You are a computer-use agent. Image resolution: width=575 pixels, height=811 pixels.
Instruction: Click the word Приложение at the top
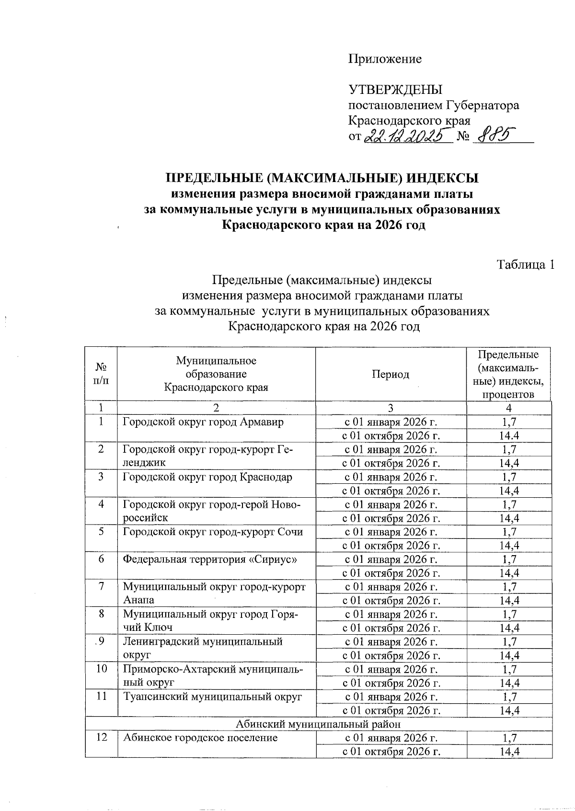pos(385,59)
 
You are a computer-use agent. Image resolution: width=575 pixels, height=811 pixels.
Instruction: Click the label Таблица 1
pos(526,264)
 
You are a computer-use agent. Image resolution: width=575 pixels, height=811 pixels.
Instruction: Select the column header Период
pos(391,374)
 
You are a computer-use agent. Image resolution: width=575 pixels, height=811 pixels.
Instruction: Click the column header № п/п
pos(101,374)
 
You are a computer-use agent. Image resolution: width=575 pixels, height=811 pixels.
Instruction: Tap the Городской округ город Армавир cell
pos(203,422)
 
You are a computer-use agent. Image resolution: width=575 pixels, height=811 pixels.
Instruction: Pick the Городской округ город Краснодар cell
pos(207,477)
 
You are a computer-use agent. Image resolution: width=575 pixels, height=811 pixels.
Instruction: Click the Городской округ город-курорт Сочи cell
pos(213,532)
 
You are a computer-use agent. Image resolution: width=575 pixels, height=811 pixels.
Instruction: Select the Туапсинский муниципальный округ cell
pos(213,697)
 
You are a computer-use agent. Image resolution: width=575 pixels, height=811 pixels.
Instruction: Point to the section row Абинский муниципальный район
pos(319,724)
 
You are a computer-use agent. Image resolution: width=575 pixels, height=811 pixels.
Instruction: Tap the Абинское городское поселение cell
pos(200,738)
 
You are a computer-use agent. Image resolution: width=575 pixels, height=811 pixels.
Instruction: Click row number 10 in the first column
pos(101,669)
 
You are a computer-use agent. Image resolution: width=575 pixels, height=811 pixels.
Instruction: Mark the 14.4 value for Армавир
pos(509,436)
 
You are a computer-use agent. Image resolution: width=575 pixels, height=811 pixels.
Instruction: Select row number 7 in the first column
pos(101,587)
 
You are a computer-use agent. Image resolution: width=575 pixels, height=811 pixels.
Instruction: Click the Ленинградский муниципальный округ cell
pos(203,648)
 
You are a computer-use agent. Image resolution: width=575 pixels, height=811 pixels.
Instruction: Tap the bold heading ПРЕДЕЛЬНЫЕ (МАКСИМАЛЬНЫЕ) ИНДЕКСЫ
pos(322,179)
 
